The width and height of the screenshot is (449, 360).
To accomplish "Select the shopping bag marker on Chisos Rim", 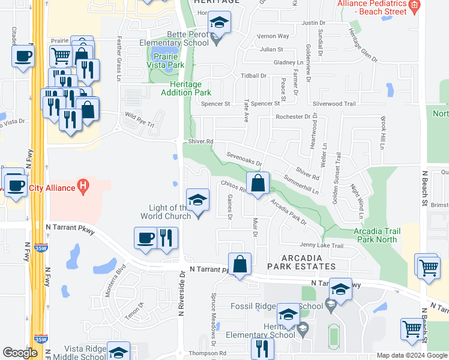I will [258, 184].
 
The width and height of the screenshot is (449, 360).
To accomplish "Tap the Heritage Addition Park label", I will [186, 88].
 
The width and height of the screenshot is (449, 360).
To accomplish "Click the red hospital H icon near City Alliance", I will [84, 188].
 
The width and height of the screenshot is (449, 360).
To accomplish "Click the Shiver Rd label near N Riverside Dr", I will [202, 142].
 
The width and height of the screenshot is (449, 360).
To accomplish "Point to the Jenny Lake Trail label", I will [322, 245].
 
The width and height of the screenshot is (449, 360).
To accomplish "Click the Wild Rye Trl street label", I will [139, 116].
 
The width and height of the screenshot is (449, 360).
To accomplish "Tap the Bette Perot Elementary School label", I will [174, 39].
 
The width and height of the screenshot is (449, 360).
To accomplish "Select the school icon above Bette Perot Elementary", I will [219, 23].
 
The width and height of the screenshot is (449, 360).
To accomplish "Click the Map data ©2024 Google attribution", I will [411, 355].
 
